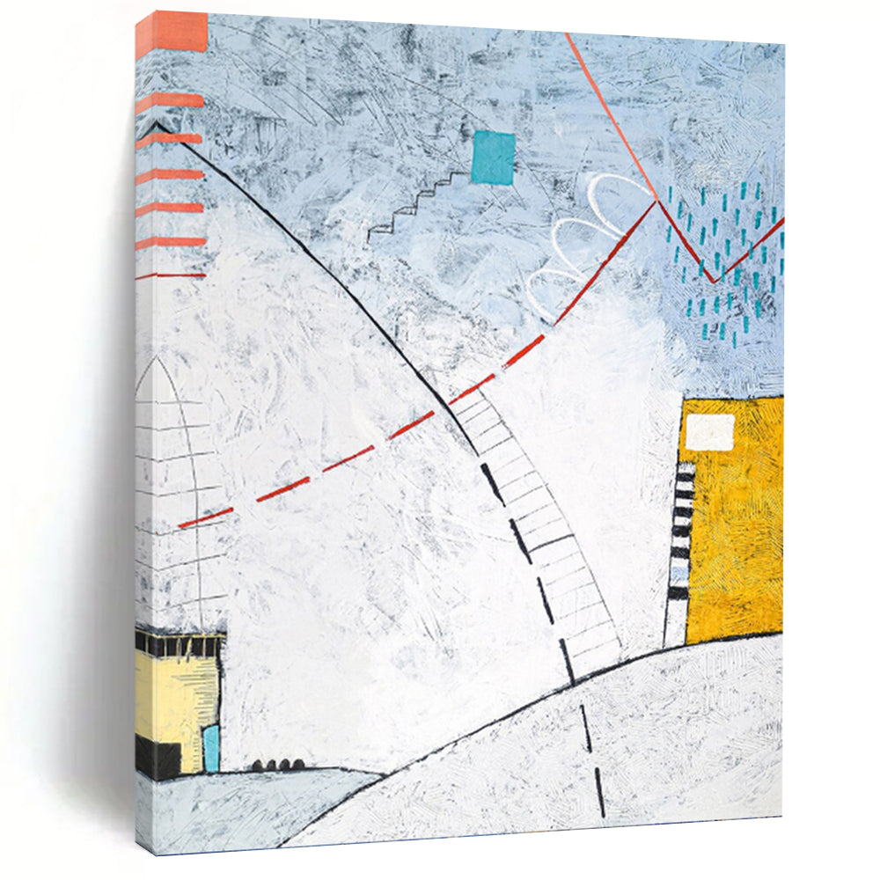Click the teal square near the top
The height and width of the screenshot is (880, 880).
tap(493, 158)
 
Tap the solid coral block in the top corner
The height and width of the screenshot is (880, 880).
tap(172, 31)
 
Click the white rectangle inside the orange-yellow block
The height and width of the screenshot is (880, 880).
tap(710, 431)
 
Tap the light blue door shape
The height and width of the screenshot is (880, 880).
tap(211, 748)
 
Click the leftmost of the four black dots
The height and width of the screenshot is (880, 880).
tap(258, 766)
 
